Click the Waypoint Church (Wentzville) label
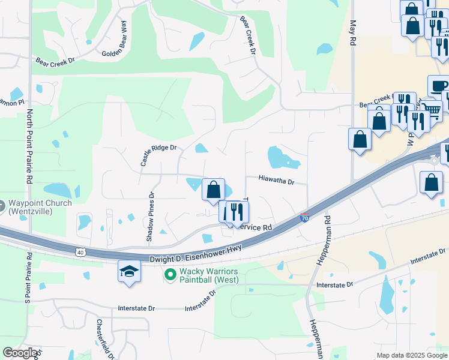pyautogui.click(x=39, y=207)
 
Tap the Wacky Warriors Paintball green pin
pyautogui.click(x=170, y=276)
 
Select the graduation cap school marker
pyautogui.click(x=129, y=272)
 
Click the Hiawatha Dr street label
pyautogui.click(x=277, y=180)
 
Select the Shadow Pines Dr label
pyautogui.click(x=150, y=217)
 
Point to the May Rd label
pyautogui.click(x=353, y=34)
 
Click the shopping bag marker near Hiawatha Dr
pyautogui.click(x=213, y=190)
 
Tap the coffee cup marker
pyautogui.click(x=438, y=86)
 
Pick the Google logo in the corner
pyautogui.click(x=20, y=353)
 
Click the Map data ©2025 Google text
pyautogui.click(x=412, y=355)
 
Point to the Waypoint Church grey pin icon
pyautogui.click(x=2, y=207)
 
